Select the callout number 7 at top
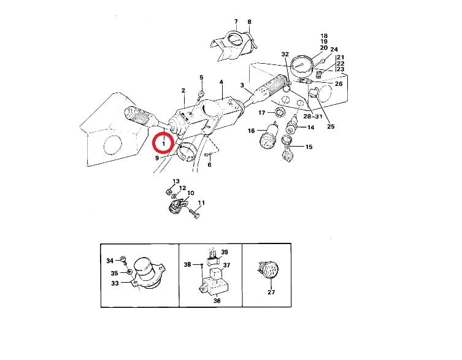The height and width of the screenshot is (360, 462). pyautogui.click(x=236, y=21)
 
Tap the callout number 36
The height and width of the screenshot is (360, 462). pyautogui.click(x=217, y=301)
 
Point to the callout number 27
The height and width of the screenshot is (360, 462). pyautogui.click(x=271, y=292)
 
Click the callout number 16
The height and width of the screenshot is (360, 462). pyautogui.click(x=252, y=131)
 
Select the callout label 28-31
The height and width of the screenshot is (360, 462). pyautogui.click(x=313, y=117)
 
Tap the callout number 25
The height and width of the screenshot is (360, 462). pyautogui.click(x=331, y=126)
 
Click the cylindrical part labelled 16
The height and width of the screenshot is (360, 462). pyautogui.click(x=268, y=136)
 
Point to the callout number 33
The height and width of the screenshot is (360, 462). pyautogui.click(x=115, y=283)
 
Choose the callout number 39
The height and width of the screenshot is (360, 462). pyautogui.click(x=225, y=252)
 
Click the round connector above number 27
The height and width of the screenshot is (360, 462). pyautogui.click(x=268, y=270)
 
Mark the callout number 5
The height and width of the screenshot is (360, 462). pyautogui.click(x=201, y=77)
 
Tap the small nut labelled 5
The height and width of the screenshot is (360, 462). pyautogui.click(x=201, y=94)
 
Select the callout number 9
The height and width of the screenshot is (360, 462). pyautogui.click(x=157, y=158)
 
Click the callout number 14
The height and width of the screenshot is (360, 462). pyautogui.click(x=311, y=128)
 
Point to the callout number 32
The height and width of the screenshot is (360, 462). pyautogui.click(x=285, y=54)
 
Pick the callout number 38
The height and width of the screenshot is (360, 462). pyautogui.click(x=187, y=264)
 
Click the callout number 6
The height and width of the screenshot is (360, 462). pyautogui.click(x=209, y=165)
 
